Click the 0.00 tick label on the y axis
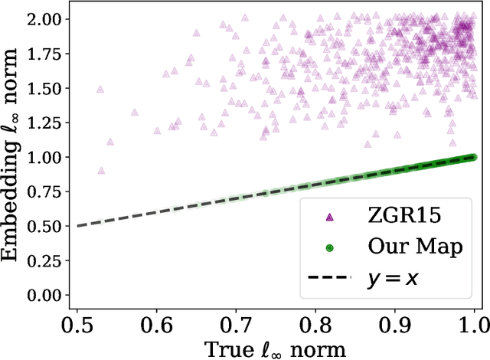[x=46, y=296]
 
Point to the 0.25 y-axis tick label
[x=46, y=261]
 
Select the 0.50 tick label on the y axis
[x=46, y=227]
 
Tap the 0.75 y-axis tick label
[x=46, y=192]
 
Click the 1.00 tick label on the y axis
[x=46, y=157]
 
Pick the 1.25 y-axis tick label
[x=46, y=123]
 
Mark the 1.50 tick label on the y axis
[x=46, y=88]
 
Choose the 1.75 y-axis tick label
[x=46, y=54]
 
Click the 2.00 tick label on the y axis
[x=46, y=19]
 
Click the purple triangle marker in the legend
[x=330, y=218]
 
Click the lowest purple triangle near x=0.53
[x=101, y=171]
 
